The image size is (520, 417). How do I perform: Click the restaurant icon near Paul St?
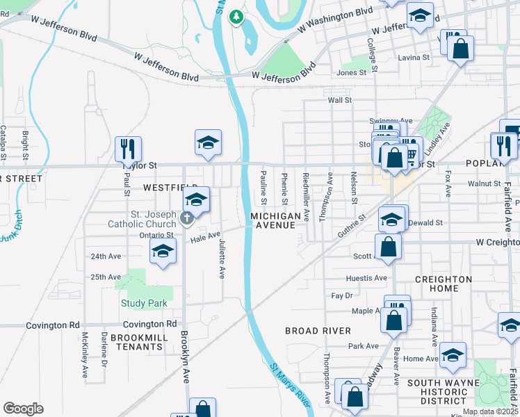[128, 149]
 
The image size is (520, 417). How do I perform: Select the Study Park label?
[140, 303]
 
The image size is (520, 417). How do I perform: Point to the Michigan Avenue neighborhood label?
[276, 221]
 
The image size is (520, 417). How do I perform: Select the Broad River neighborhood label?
[318, 331]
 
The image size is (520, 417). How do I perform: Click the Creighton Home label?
[444, 284]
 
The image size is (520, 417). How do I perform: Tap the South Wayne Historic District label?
[444, 392]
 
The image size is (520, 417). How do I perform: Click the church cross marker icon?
[186, 219]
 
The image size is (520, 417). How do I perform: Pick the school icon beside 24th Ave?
[163, 252]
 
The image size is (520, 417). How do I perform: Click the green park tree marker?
[237, 16]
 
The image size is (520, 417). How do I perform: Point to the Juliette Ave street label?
[222, 261]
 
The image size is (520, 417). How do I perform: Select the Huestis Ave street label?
[366, 278]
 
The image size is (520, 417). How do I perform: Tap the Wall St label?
[340, 100]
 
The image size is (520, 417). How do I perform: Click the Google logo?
[23, 409]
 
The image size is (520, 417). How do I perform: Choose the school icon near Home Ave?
[453, 354]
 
